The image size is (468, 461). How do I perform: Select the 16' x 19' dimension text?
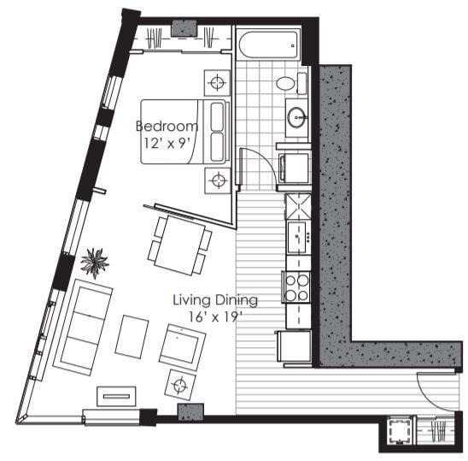215,316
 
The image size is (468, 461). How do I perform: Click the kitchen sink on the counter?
298,237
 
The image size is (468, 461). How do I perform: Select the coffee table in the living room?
132,334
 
